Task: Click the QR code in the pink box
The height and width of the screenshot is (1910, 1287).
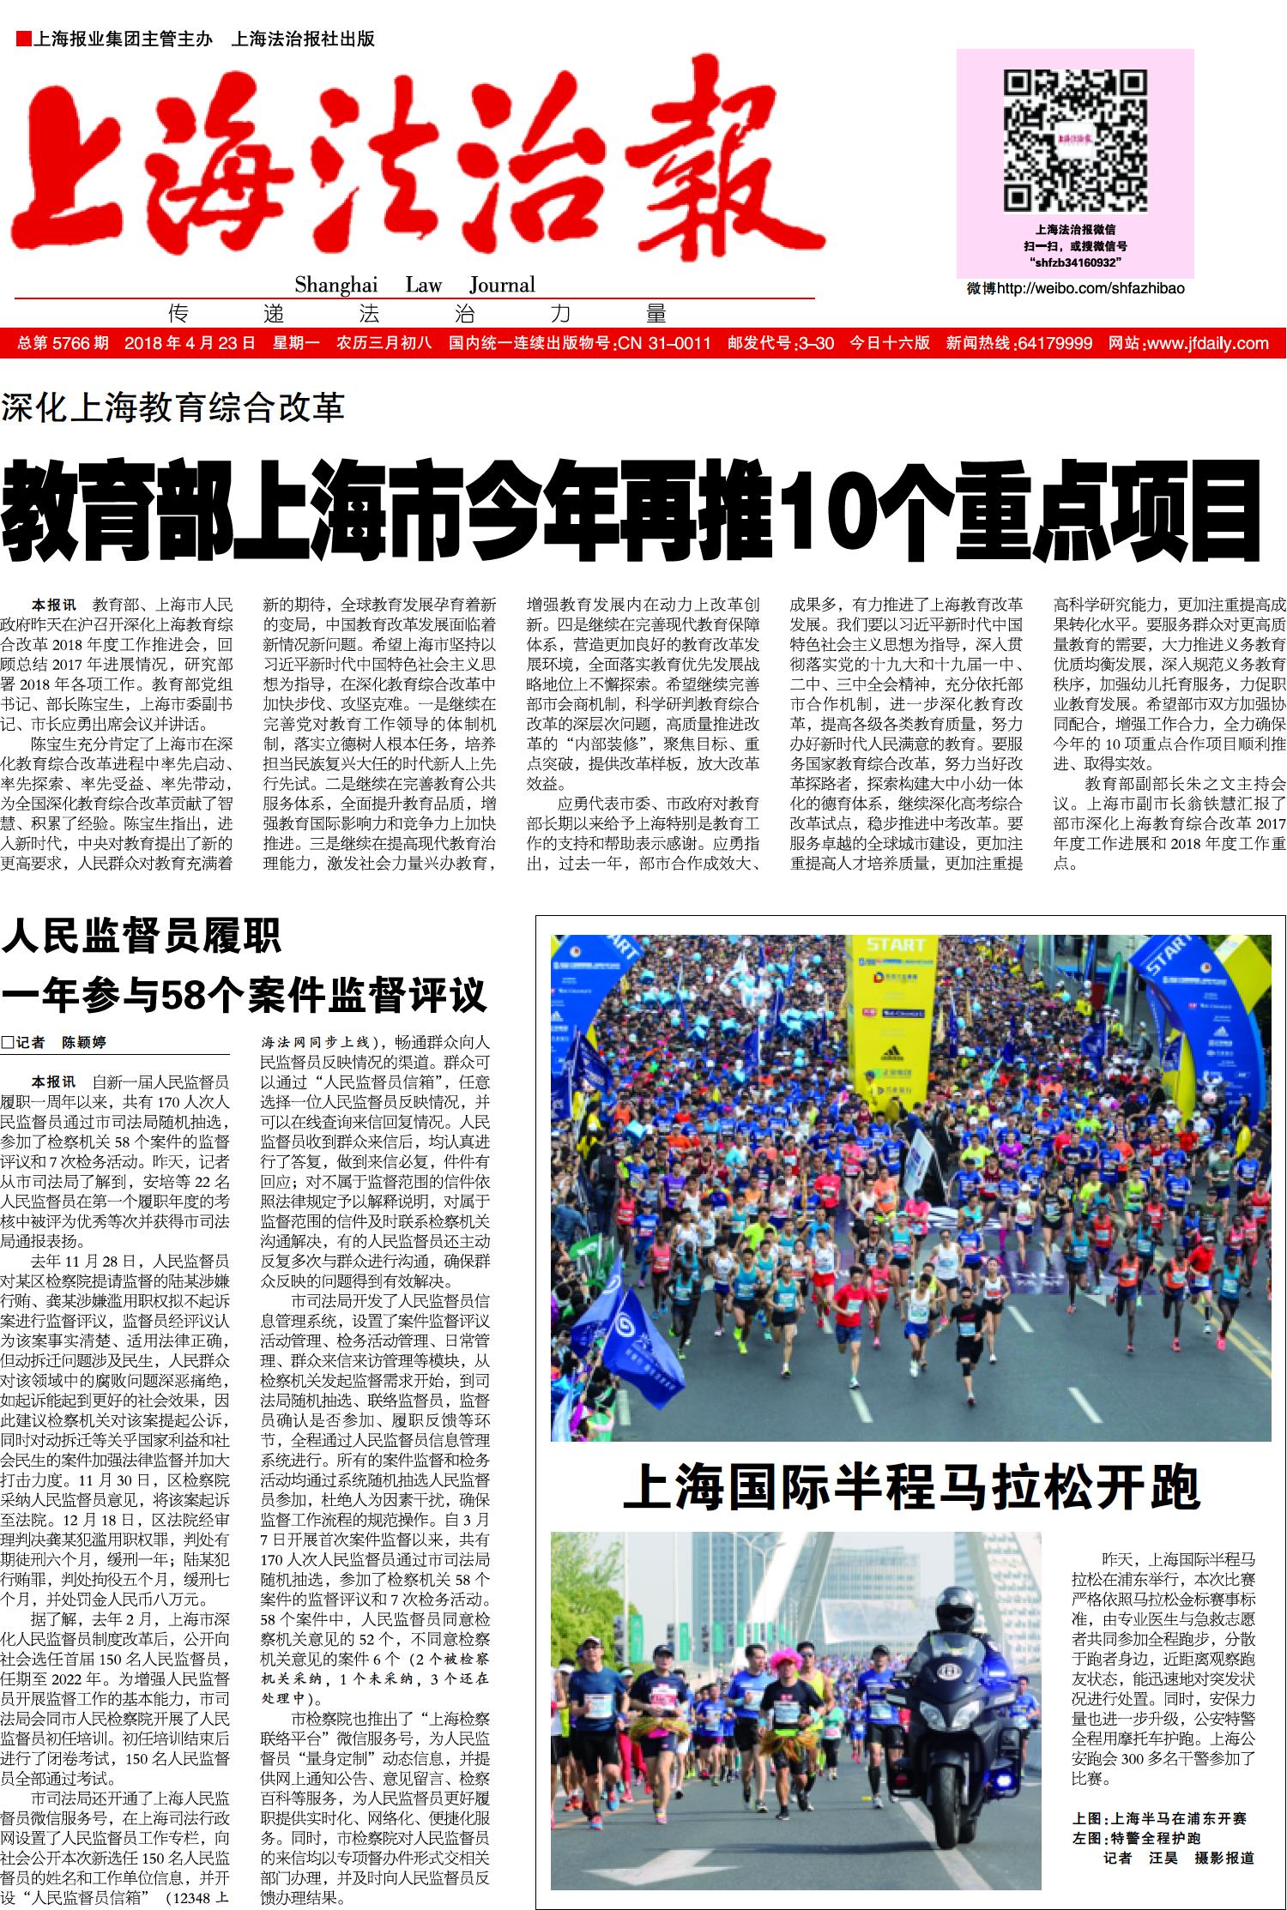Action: pos(1075,142)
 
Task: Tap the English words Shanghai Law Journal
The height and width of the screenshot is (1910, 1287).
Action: pos(414,285)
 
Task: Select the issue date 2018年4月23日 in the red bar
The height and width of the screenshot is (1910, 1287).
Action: pos(190,344)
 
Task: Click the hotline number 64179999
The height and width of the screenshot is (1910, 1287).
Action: pos(1054,344)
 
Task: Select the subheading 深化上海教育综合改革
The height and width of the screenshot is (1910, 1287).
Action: pos(172,407)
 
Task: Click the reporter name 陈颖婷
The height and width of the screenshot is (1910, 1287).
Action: pos(84,1043)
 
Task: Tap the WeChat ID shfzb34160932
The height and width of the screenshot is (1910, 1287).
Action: pos(1075,262)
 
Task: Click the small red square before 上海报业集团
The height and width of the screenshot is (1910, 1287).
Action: pos(23,39)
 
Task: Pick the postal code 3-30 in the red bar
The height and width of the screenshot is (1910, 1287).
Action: pos(815,344)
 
